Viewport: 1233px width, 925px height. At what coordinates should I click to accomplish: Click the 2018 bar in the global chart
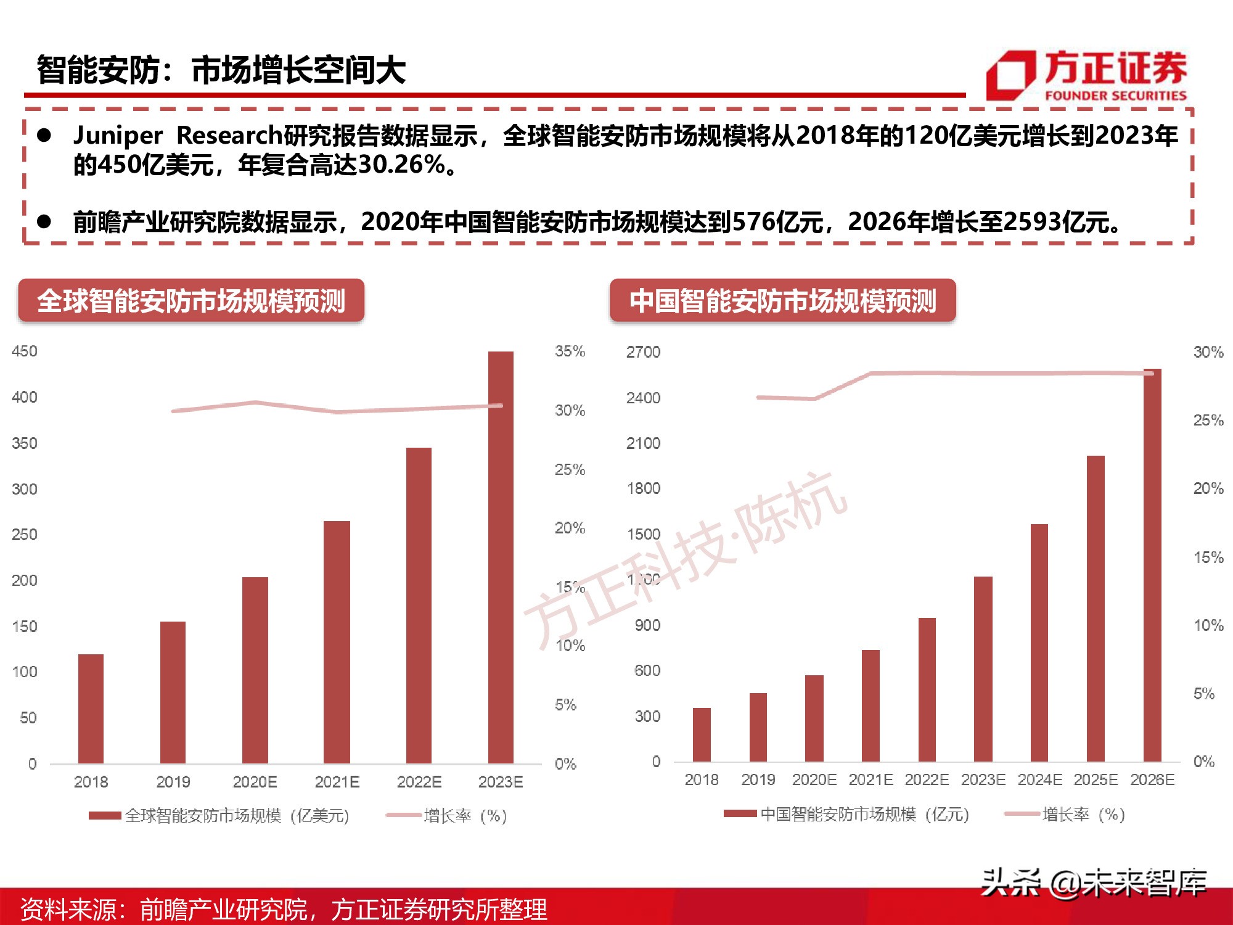tap(91, 709)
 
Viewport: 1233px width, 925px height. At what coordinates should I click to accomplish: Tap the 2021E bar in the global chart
tap(337, 642)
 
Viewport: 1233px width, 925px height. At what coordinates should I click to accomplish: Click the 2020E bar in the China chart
tap(814, 718)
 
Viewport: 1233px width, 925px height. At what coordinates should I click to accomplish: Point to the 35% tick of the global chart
tap(570, 351)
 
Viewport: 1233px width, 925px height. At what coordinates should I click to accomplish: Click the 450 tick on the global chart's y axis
tap(25, 351)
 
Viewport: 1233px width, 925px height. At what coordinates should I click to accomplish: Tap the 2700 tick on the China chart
tap(643, 352)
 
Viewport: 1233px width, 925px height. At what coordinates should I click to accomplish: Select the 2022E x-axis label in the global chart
tap(419, 782)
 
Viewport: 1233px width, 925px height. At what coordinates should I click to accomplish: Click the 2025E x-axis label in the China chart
tap(1096, 779)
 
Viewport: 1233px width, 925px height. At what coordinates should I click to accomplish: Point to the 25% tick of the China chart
tap(1208, 421)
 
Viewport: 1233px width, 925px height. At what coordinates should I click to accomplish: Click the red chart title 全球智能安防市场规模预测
tap(191, 301)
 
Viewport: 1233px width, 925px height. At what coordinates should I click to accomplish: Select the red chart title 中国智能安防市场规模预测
tap(782, 301)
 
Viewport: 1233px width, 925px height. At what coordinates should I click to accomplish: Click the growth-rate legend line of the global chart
tap(403, 815)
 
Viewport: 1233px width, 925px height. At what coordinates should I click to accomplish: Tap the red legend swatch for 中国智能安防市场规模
tap(740, 813)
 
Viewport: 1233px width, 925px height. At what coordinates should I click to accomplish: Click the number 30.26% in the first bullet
tap(401, 165)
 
